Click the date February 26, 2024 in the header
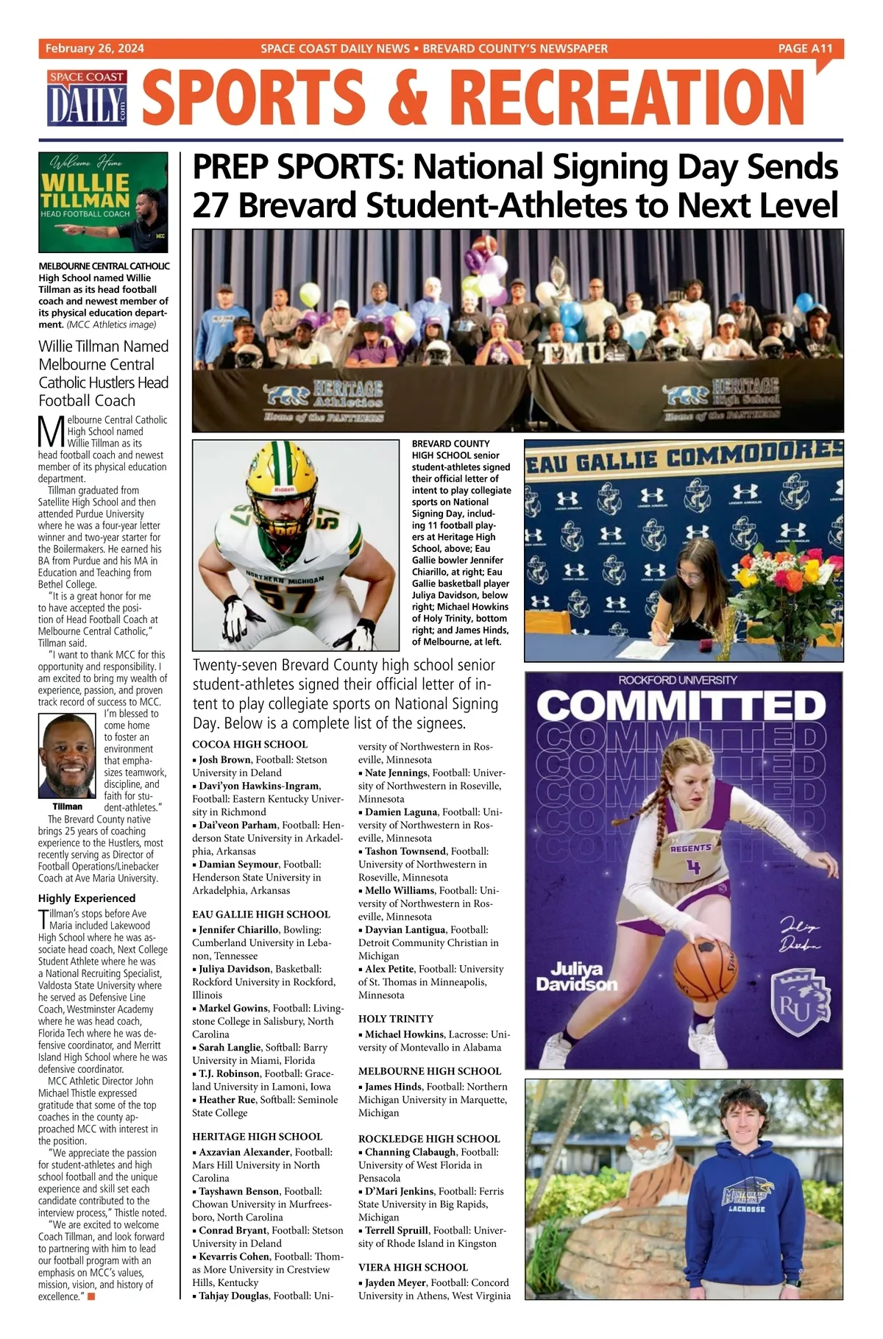95,49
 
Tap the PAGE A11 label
805,49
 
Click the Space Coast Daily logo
88,97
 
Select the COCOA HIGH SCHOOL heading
250,744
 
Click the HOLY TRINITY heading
396,1018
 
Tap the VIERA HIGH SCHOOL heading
413,1267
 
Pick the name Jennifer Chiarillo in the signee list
238,930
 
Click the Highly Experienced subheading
87,898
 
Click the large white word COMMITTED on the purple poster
682,707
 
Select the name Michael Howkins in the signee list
404,1034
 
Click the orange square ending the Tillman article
91,1296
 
